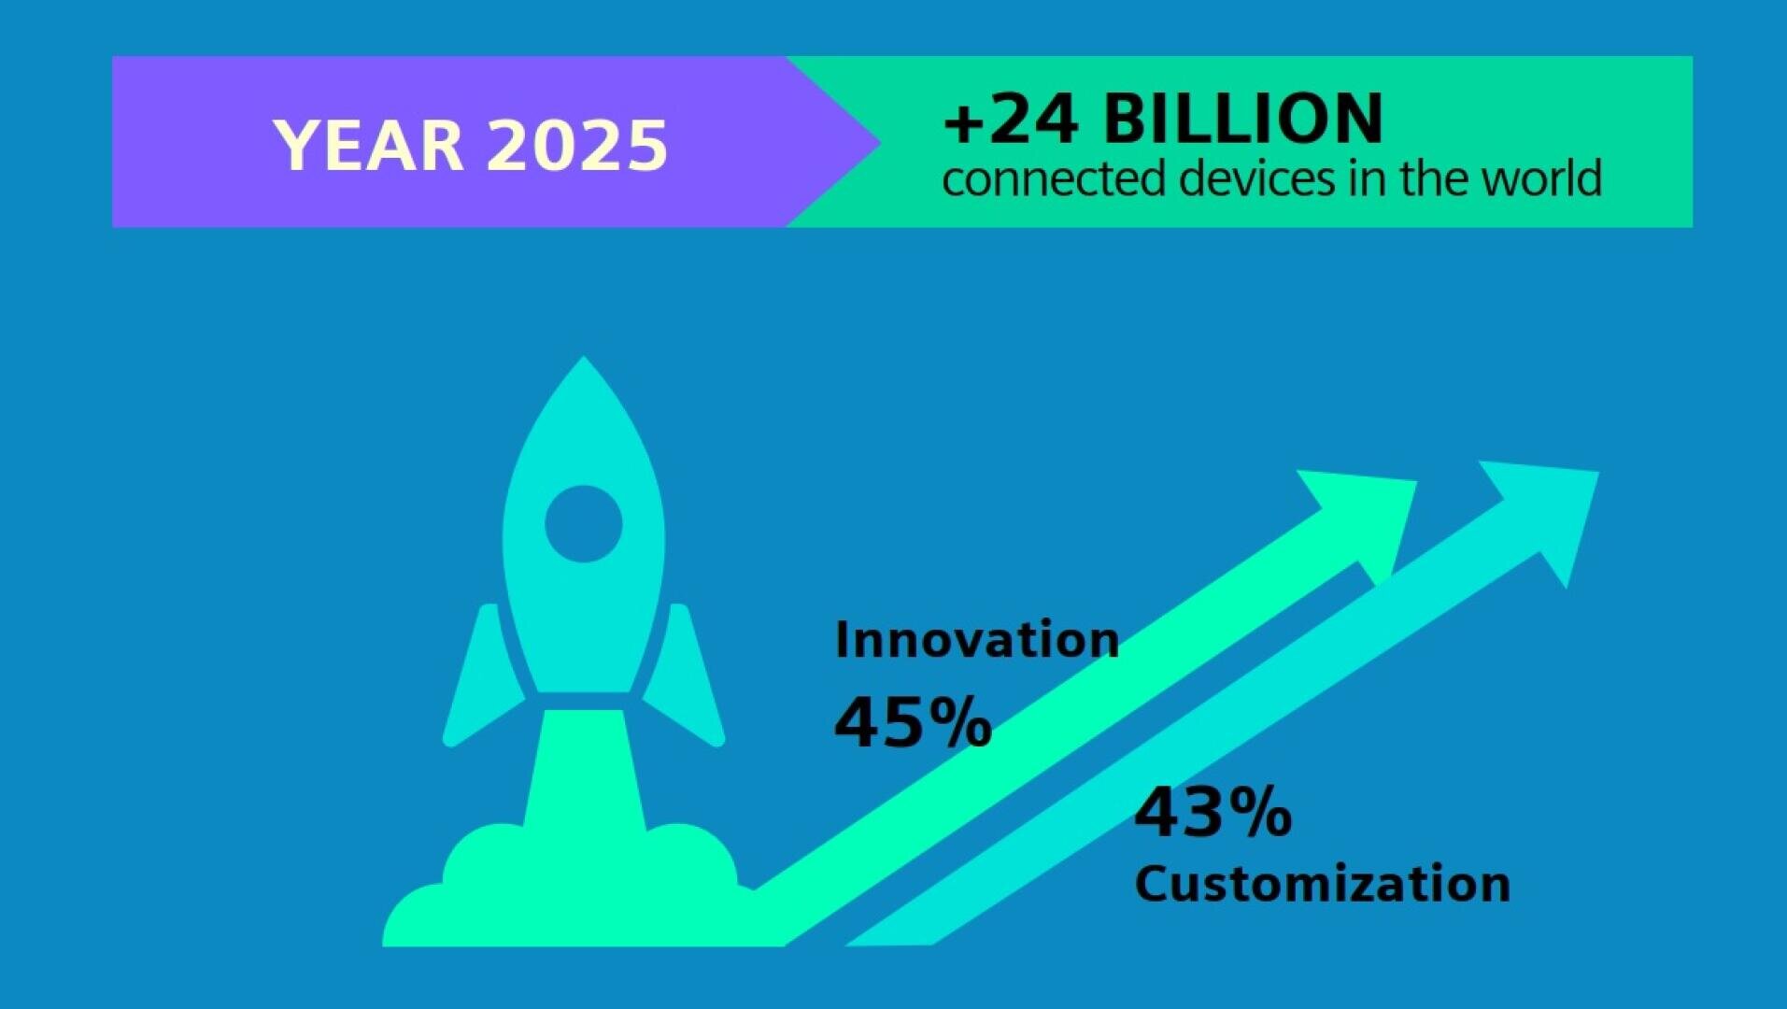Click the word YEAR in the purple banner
click(x=368, y=146)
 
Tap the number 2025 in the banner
click(x=577, y=146)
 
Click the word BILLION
click(x=1242, y=119)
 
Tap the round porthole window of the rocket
click(x=584, y=523)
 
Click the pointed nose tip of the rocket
click(x=584, y=358)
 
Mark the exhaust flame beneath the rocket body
click(x=584, y=771)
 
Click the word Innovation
click(x=977, y=640)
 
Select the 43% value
click(x=1213, y=812)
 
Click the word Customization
click(x=1323, y=884)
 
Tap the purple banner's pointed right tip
click(x=879, y=142)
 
